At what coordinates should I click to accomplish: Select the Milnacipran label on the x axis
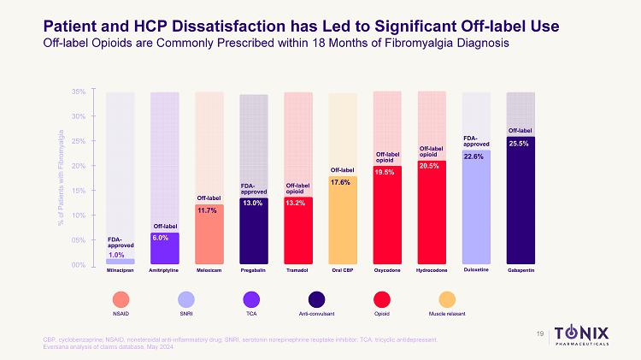click(x=121, y=270)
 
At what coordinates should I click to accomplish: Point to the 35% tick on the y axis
click(x=79, y=91)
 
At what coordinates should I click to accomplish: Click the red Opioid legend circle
click(x=386, y=299)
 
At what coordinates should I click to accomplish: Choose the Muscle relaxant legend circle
click(x=445, y=299)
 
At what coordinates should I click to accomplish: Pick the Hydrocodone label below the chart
click(x=432, y=270)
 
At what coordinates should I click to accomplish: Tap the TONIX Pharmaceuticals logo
click(x=590, y=333)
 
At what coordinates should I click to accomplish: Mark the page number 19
click(x=540, y=333)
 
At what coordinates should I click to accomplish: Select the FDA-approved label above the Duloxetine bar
click(x=475, y=141)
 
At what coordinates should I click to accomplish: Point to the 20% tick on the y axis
click(x=79, y=166)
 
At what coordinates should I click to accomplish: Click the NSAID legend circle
click(x=120, y=299)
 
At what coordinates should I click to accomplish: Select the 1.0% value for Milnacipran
click(x=117, y=254)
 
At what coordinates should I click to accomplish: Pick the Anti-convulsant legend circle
click(x=315, y=299)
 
